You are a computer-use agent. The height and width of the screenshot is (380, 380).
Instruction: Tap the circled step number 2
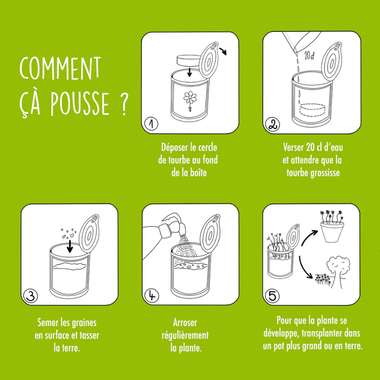coord(272,125)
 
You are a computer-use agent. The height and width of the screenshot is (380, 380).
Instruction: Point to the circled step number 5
coord(272,296)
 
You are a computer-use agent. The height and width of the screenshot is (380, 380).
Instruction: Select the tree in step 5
coord(340,270)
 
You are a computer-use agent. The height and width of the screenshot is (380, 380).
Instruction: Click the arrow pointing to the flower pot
coord(312,236)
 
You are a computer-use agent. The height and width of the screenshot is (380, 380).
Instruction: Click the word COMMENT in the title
coord(60,69)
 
